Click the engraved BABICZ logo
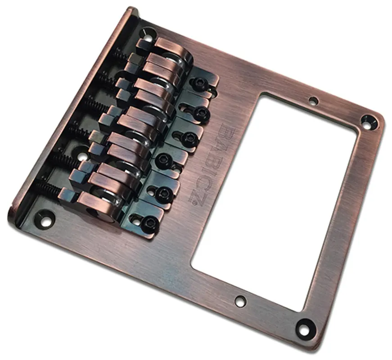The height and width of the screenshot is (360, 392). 212,166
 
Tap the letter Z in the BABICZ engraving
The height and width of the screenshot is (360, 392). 195,199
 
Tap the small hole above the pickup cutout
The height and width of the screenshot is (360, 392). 313,101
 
